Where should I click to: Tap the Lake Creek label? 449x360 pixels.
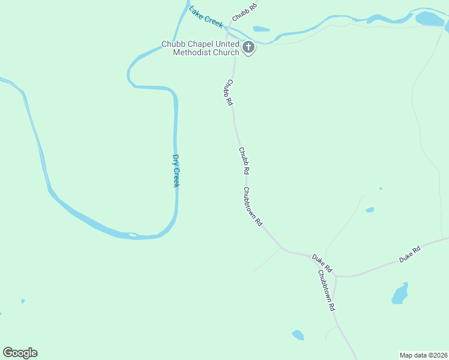click(x=206, y=17)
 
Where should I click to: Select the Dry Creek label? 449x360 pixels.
click(x=176, y=171)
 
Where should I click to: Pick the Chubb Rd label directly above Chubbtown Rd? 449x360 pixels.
click(x=244, y=161)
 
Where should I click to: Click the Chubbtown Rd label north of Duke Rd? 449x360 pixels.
click(x=253, y=206)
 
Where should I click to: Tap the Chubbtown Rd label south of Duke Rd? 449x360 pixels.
click(x=326, y=290)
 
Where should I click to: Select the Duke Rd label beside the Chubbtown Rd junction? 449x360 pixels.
click(x=322, y=262)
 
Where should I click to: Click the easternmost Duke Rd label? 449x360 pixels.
click(x=410, y=254)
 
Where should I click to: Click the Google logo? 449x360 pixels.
click(x=20, y=353)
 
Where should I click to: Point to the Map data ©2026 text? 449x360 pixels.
click(x=423, y=355)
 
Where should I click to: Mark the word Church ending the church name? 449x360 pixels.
click(x=226, y=52)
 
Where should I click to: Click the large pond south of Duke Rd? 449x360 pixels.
click(x=400, y=294)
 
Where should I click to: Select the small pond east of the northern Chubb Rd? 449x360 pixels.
click(x=261, y=28)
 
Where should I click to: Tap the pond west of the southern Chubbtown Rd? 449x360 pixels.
click(x=298, y=335)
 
